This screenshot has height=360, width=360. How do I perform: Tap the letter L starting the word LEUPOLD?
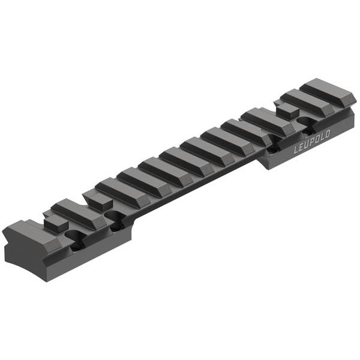(296, 151)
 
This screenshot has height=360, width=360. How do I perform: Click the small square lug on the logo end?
(287, 110)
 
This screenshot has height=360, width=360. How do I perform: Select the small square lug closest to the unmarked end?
(55, 223)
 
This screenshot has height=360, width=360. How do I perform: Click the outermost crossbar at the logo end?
(328, 92)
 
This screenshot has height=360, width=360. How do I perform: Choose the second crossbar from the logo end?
(306, 102)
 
